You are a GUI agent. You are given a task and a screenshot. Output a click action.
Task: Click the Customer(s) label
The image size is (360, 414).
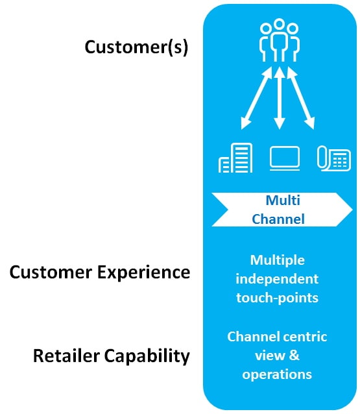(x=136, y=47)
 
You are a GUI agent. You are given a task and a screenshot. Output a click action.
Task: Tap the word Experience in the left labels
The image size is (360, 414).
(x=143, y=273)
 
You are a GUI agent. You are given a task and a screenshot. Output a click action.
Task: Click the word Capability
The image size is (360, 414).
(x=147, y=356)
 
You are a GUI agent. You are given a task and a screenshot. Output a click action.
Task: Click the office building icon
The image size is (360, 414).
(x=235, y=158)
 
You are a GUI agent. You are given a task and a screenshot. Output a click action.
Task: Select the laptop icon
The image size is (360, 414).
(x=285, y=158)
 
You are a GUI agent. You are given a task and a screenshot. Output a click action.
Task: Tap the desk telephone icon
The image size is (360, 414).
(x=334, y=158)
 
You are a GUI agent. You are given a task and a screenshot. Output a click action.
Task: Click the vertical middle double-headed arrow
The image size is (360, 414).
(x=280, y=98)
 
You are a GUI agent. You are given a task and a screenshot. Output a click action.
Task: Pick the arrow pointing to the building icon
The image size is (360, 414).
(x=256, y=98)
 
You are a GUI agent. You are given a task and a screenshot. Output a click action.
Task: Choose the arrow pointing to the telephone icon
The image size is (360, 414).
(x=300, y=98)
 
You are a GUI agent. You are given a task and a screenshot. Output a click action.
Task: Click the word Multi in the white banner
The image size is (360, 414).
(x=283, y=201)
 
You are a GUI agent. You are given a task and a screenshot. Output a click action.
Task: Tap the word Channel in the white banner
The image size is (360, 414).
(x=278, y=219)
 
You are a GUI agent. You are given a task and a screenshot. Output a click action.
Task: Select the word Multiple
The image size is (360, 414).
(x=278, y=261)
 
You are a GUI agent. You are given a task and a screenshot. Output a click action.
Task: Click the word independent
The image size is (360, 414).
(x=277, y=279)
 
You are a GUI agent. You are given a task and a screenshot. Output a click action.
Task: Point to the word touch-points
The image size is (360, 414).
(x=277, y=298)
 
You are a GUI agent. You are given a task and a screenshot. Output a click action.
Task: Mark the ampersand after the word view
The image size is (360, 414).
(x=294, y=356)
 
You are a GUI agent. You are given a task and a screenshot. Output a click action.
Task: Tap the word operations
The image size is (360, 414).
(x=277, y=374)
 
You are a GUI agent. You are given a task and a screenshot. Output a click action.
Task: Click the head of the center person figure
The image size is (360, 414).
(x=279, y=23)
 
